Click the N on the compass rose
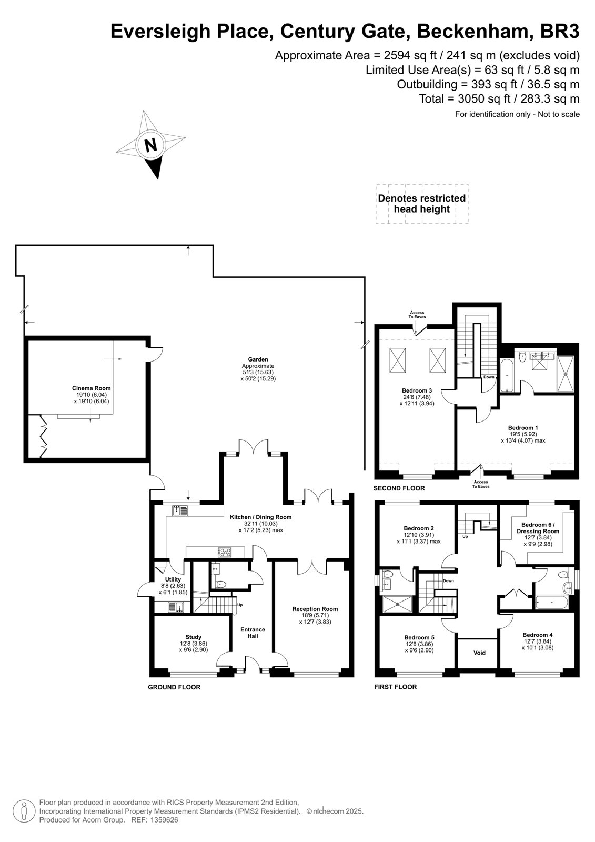point(151,145)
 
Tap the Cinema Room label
point(92,388)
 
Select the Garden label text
point(258,359)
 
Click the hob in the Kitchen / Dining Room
point(225,552)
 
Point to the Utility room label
point(173,579)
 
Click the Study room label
point(194,637)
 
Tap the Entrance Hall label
point(253,633)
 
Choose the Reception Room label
point(315,609)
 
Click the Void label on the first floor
point(480,653)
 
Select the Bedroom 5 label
point(419,637)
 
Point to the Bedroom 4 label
point(538,635)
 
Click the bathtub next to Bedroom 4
point(552,602)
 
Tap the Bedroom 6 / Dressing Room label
point(538,528)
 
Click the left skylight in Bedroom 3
point(398,360)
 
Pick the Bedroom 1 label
point(523,428)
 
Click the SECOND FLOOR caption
point(399,488)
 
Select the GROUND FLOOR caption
point(174,687)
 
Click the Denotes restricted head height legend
point(422,203)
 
